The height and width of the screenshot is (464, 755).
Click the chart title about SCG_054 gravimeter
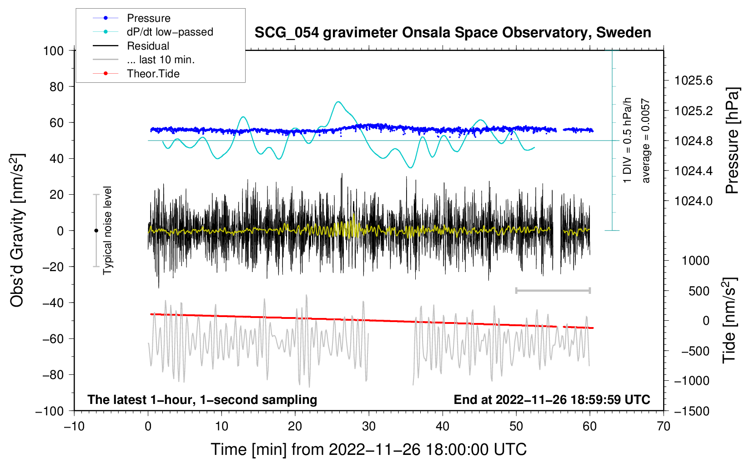[x=453, y=33]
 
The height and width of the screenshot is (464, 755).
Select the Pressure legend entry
[x=148, y=18]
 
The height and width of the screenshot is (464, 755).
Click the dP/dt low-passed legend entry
[x=170, y=32]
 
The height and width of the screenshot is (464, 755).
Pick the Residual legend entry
[x=148, y=46]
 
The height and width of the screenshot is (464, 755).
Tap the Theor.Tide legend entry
[x=153, y=74]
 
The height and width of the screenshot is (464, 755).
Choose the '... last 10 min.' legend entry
[x=161, y=60]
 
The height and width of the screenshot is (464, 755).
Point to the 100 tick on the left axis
[x=53, y=50]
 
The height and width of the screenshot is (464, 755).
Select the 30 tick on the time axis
[x=369, y=426]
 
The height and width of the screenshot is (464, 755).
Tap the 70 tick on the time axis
[x=664, y=426]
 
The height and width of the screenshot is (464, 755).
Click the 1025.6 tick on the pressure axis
[x=693, y=81]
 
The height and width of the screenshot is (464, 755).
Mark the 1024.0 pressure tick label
[x=693, y=201]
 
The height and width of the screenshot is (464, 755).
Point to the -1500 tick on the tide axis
[x=692, y=411]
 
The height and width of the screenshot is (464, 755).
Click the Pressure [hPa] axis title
[x=732, y=141]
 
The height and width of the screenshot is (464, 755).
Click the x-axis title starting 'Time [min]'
[x=368, y=449]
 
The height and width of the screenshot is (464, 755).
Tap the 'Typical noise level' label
[x=107, y=230]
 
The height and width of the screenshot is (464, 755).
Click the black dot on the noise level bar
[x=96, y=231]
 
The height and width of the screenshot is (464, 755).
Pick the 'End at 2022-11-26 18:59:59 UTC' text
[x=552, y=400]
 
